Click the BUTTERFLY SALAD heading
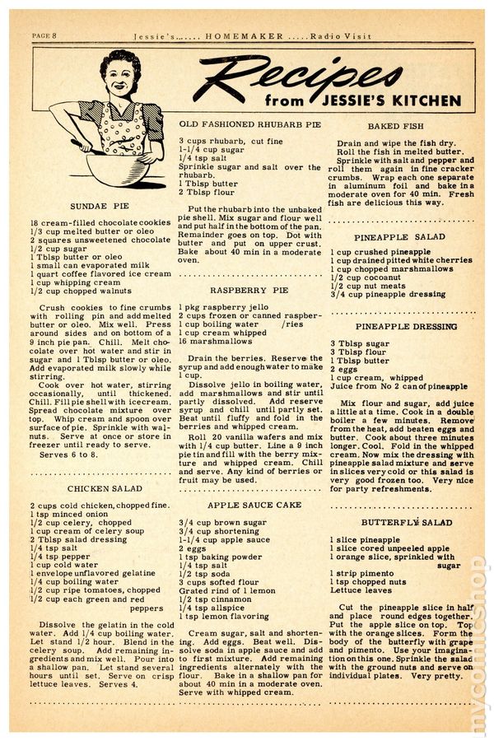click(395, 522)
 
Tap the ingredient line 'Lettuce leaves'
click(362, 590)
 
